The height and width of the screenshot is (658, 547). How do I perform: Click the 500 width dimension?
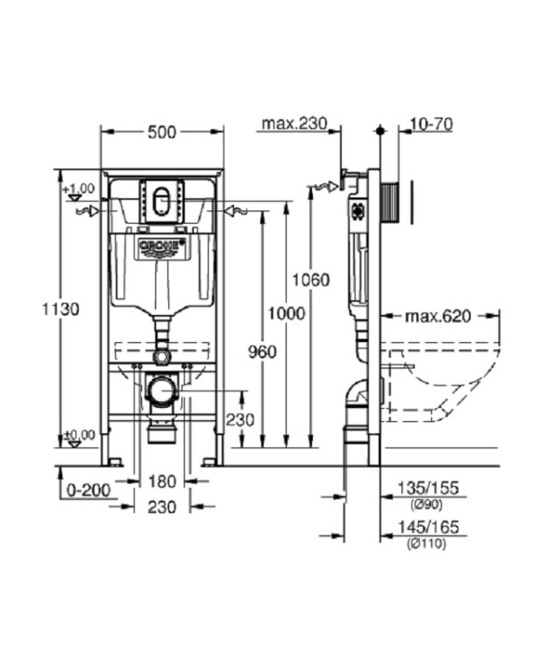tap(162, 132)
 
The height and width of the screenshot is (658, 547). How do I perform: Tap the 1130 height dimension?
tap(60, 310)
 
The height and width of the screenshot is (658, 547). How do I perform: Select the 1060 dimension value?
tap(311, 280)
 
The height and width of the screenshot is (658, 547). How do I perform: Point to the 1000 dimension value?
tap(287, 313)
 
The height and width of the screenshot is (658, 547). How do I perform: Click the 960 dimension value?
tap(262, 352)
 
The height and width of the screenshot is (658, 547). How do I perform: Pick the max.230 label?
tap(294, 124)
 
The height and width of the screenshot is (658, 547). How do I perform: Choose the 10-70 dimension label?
tap(431, 125)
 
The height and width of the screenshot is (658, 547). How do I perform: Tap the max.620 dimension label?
tap(438, 316)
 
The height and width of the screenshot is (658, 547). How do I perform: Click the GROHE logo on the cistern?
tap(162, 247)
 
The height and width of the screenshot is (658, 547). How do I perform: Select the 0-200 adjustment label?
tap(89, 490)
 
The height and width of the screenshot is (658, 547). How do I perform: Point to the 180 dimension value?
tap(162, 482)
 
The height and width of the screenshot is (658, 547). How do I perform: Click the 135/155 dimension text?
tap(428, 488)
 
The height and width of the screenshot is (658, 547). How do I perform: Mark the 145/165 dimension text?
tap(428, 526)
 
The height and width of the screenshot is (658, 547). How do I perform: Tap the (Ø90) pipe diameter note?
tap(427, 504)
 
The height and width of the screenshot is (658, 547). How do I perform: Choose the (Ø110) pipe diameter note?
tap(427, 544)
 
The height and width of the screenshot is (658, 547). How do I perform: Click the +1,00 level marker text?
tap(79, 188)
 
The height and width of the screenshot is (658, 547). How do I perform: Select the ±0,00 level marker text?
tap(79, 435)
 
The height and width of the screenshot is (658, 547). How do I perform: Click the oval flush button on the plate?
tap(162, 202)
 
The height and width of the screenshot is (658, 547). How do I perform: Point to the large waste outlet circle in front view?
tap(162, 390)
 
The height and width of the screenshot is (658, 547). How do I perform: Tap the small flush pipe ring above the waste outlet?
tap(162, 356)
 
